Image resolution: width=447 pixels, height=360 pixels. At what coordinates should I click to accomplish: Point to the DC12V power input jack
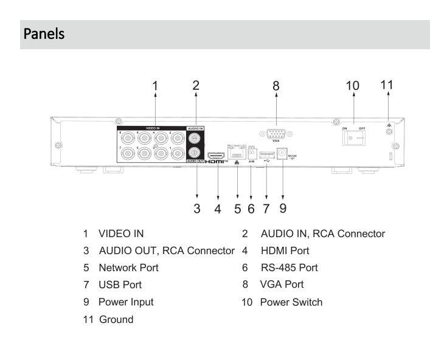(x=282, y=155)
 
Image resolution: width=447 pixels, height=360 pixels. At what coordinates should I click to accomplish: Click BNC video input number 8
(x=126, y=139)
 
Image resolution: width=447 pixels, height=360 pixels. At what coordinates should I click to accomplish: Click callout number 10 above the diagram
(x=352, y=86)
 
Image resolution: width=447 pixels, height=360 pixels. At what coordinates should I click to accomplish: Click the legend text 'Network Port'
(x=130, y=267)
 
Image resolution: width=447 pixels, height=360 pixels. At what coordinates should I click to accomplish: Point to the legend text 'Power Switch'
(x=291, y=302)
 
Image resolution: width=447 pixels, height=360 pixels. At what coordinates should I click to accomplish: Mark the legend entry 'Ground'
(x=116, y=319)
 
